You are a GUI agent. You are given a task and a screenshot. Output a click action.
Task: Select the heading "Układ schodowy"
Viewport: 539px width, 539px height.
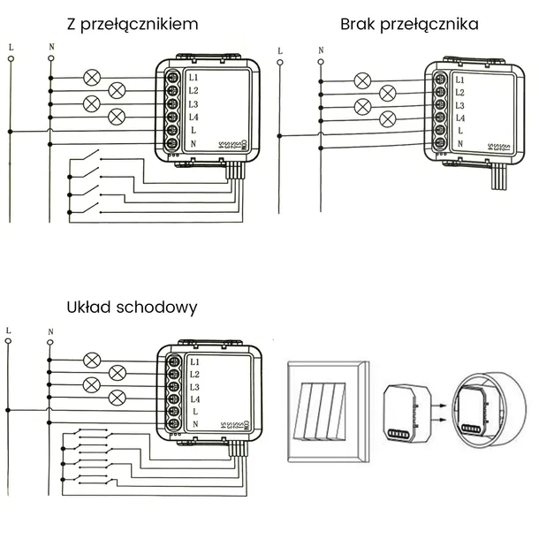point(132,307)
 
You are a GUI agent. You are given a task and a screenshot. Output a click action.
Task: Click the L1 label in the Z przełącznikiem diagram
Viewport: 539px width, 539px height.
point(194,77)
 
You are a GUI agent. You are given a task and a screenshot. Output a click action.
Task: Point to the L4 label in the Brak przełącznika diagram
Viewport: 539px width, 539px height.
point(459,118)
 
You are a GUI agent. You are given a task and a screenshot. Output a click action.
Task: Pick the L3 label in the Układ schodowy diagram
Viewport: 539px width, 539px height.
point(194,388)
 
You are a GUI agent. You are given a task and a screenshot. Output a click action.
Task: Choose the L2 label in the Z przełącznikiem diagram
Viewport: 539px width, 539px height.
point(194,90)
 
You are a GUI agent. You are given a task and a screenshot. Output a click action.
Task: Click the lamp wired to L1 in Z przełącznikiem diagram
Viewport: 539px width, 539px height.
point(90,77)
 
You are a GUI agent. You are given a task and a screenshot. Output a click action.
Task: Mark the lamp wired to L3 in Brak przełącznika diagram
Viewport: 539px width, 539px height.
point(361,106)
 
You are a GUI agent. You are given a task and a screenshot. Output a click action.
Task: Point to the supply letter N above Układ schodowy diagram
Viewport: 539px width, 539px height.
point(50,332)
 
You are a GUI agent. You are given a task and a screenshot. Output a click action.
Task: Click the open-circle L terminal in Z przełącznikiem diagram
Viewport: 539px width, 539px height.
point(11,60)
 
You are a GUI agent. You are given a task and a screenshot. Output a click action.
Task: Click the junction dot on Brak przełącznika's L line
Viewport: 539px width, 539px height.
point(280,134)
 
